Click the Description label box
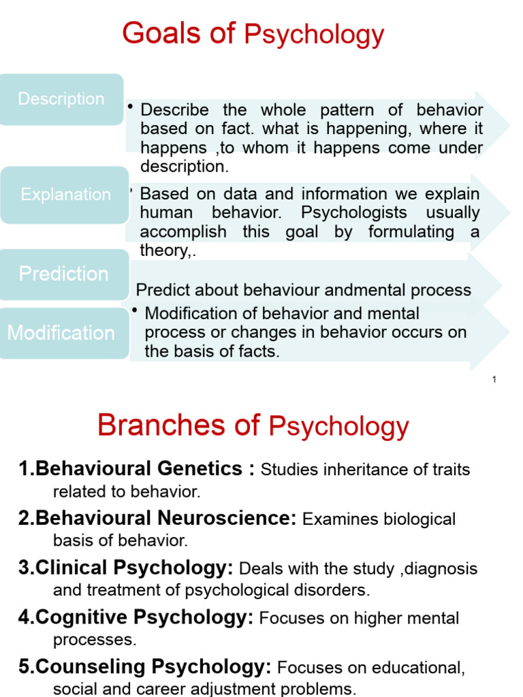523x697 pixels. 61,99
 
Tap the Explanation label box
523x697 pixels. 65,195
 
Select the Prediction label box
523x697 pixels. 64,274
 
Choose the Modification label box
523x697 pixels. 61,333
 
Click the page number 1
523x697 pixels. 494,379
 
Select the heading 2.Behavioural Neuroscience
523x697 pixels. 157,519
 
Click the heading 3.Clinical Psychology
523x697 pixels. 126,568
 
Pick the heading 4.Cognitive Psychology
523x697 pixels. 136,618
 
